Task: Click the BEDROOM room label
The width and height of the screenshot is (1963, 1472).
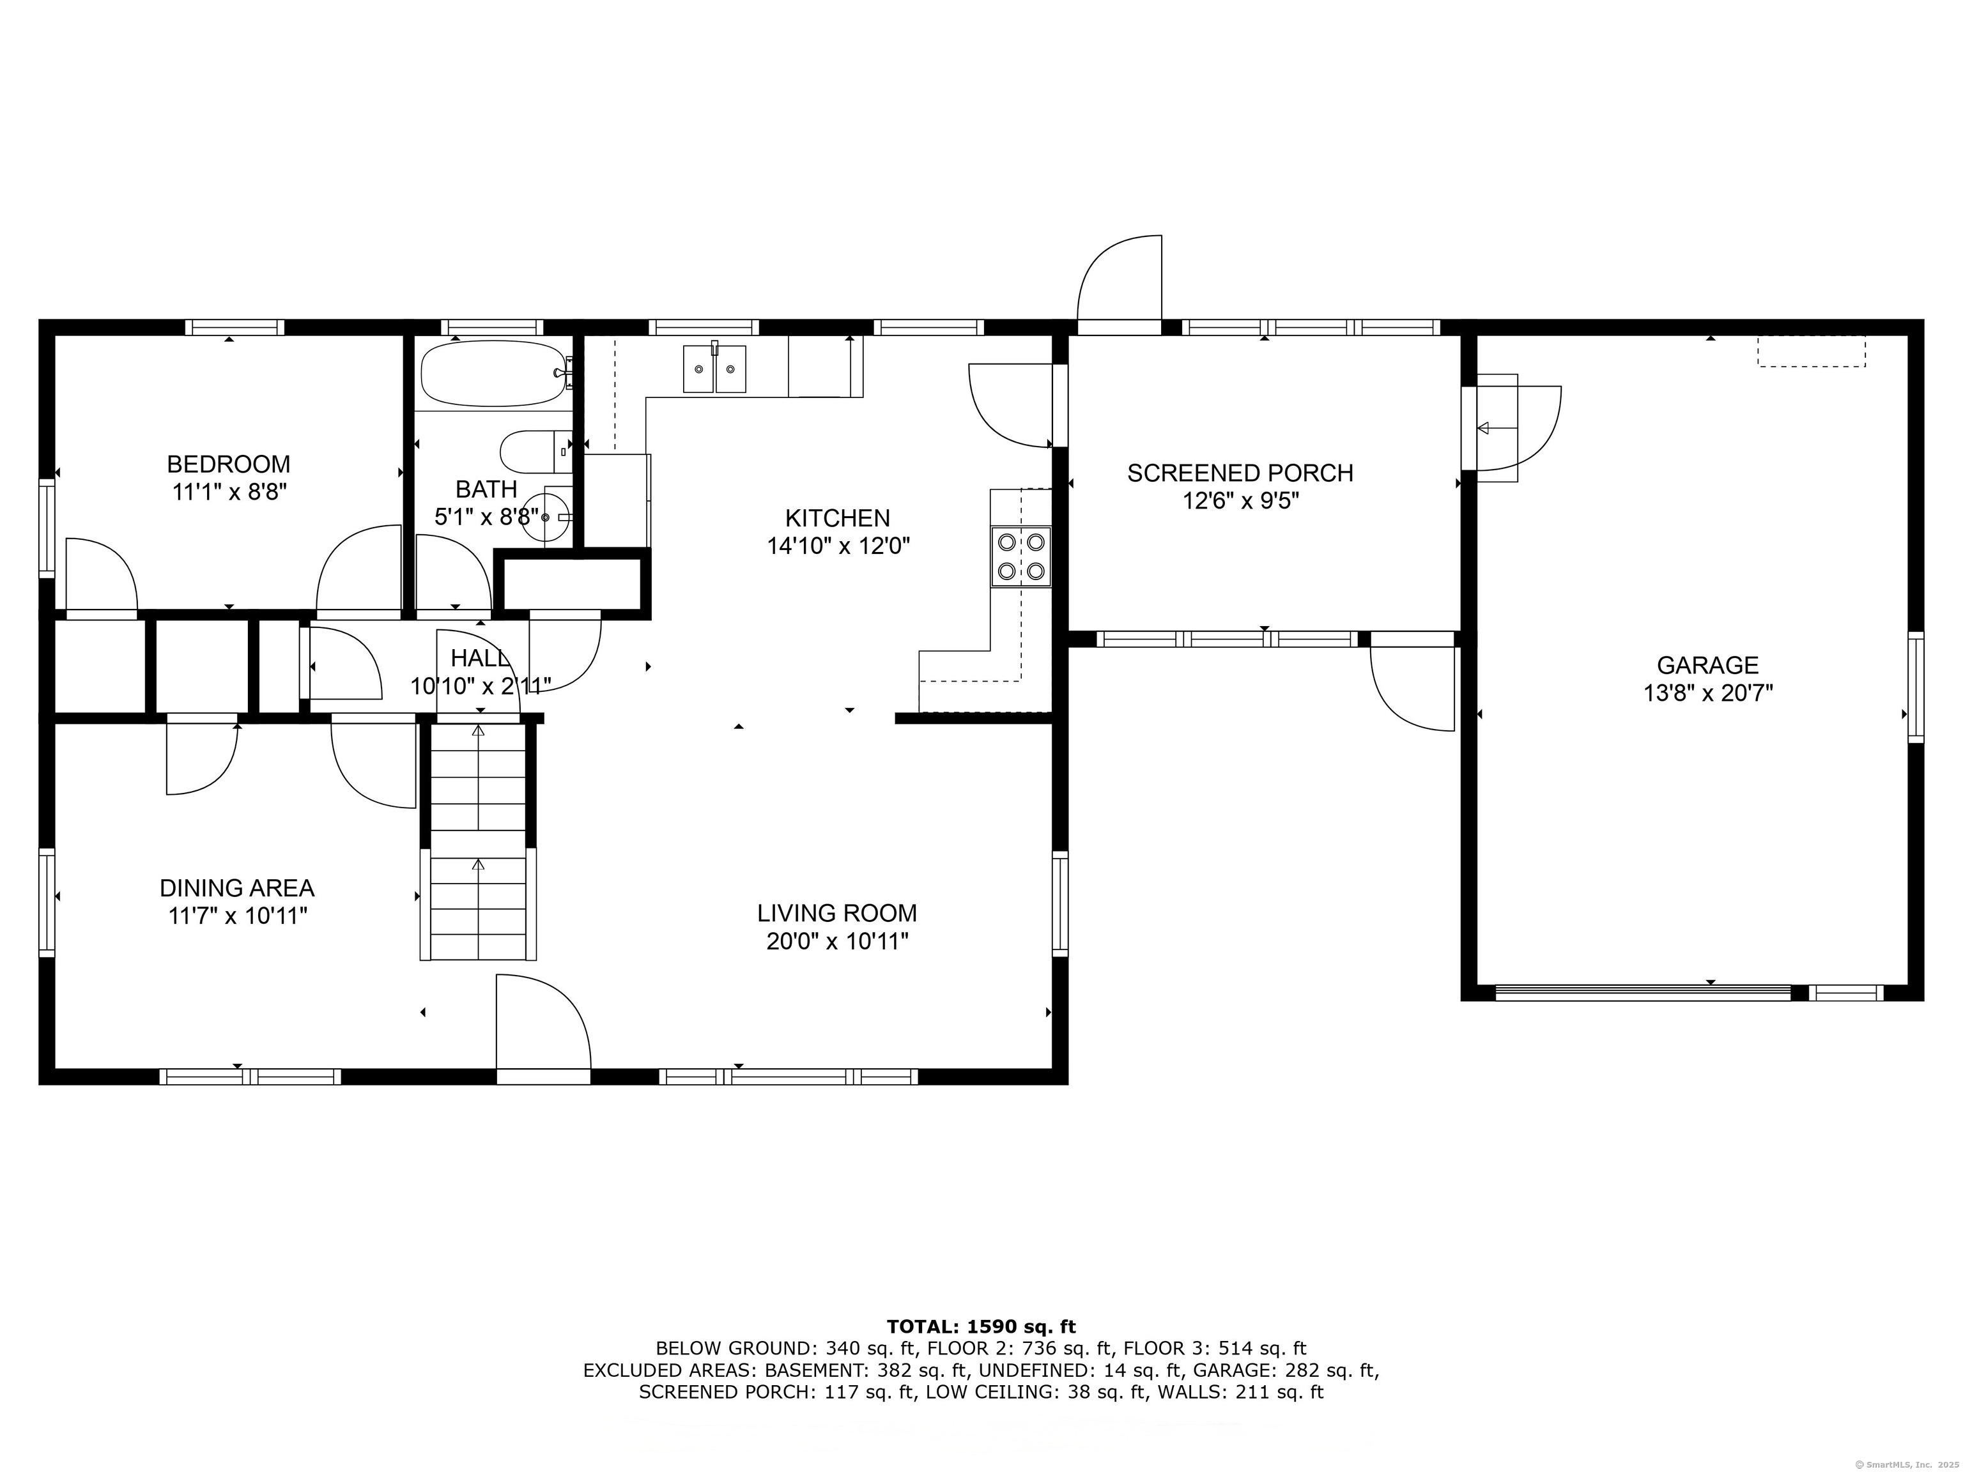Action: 228,464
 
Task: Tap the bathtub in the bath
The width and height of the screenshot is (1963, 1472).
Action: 495,374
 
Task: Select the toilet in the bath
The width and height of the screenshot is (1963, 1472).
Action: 536,452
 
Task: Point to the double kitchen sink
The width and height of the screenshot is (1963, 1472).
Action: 714,369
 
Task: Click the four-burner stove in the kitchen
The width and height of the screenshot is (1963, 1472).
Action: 1021,556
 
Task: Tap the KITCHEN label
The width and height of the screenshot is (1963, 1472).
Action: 838,518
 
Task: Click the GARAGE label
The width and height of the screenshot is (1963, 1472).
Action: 1707,664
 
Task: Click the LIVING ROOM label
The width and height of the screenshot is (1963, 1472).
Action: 837,913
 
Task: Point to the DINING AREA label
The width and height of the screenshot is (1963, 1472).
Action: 237,888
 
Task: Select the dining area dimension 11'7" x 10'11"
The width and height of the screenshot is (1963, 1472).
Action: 238,916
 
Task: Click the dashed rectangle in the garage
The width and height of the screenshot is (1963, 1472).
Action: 1812,351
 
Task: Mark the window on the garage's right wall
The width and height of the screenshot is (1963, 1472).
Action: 1916,687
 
